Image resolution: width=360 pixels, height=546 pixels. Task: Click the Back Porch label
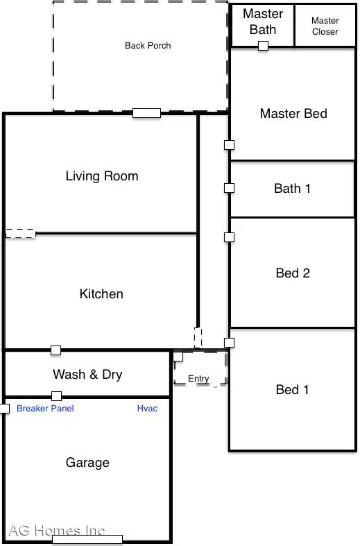pos(148,46)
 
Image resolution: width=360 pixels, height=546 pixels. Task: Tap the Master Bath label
pos(263,22)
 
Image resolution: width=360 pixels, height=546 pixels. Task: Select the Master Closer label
pos(325,26)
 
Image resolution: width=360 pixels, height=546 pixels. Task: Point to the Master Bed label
pos(293,113)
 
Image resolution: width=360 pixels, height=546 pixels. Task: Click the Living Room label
pos(102,176)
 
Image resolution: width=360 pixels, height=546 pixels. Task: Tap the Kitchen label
pos(101,294)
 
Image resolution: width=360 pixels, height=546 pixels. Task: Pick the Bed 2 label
pos(293,273)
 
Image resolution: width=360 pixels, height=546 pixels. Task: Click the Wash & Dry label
pos(87,375)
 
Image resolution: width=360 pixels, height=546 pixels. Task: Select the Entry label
pos(198,379)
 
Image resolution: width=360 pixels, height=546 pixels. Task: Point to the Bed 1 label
pos(293,389)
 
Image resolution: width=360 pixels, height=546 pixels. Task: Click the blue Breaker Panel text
pos(45,409)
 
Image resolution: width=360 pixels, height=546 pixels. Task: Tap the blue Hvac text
pos(147,409)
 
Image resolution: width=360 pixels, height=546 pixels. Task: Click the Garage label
pos(87,463)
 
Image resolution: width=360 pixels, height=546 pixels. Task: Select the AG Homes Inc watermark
pos(57,531)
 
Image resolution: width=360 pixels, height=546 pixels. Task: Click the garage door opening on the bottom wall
pos(87,539)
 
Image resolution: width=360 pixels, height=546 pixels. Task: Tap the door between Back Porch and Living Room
pos(146,113)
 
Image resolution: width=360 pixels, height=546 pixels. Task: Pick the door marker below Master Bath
pos(263,46)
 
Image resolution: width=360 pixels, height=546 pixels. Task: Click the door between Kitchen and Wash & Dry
pos(55,350)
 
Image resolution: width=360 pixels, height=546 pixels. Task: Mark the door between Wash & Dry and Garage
pos(56,396)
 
